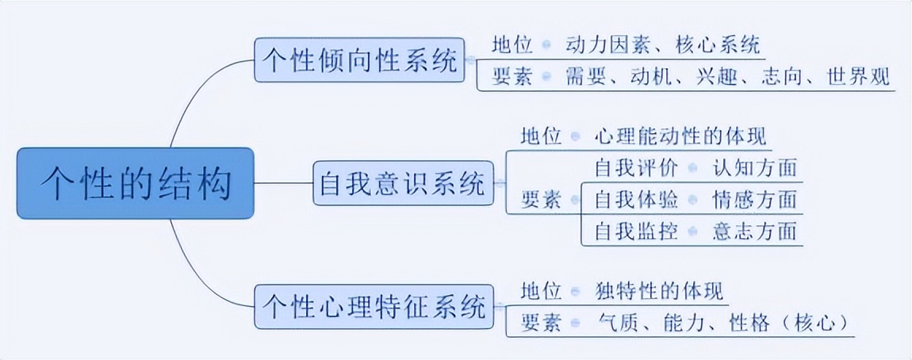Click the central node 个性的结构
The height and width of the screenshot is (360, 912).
(136, 183)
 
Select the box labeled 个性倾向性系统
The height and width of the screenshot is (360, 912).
(360, 59)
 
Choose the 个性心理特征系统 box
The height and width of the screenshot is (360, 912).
(373, 306)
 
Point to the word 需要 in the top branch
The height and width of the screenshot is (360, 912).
(585, 78)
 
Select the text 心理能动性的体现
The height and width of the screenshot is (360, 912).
(680, 136)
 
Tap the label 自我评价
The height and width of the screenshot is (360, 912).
(634, 168)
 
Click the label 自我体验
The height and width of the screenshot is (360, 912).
(634, 199)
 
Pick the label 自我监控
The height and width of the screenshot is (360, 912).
(634, 231)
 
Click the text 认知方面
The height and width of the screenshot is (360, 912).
(753, 168)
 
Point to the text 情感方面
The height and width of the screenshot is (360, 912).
(753, 199)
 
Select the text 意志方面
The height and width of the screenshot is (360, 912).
(753, 231)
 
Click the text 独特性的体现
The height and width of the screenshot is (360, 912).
(658, 291)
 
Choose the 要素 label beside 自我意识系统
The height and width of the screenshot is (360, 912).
(541, 199)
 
